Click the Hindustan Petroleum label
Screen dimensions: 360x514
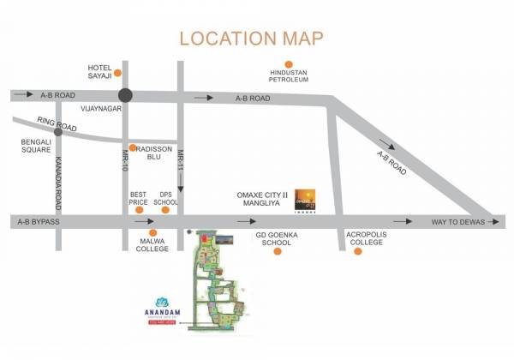point(288,78)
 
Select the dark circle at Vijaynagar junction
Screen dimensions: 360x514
point(127,96)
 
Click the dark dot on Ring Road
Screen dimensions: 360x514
point(58,132)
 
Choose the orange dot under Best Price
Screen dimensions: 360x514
point(140,210)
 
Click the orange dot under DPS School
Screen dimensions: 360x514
point(165,210)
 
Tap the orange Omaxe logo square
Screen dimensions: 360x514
point(305,199)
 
